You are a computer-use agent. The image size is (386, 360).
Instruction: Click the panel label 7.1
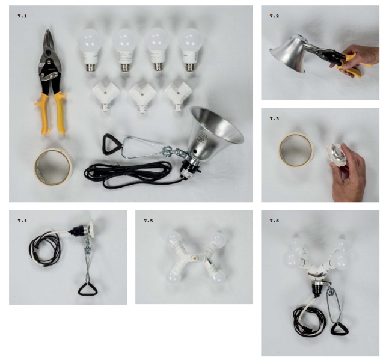[22, 16]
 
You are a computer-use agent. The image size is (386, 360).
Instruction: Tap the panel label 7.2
[274, 16]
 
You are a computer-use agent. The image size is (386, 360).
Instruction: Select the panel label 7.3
[274, 118]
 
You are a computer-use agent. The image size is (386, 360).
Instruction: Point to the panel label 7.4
[22, 221]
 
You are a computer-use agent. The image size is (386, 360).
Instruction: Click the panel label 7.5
[148, 221]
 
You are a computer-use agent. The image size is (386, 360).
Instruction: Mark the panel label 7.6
[274, 221]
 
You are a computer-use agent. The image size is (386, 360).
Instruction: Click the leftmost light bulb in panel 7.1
[90, 49]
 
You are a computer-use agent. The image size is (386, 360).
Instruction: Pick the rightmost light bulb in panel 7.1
[191, 49]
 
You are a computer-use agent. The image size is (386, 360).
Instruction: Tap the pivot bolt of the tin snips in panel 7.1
[49, 52]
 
